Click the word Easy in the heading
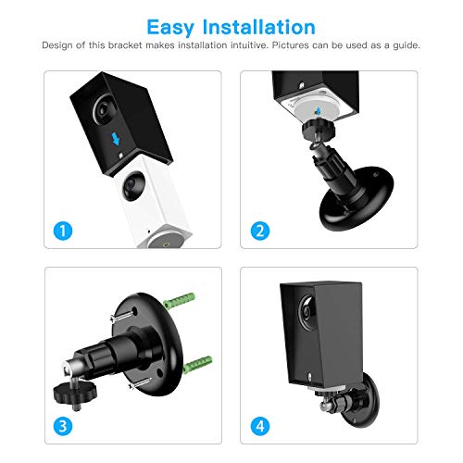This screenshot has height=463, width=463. coord(169,28)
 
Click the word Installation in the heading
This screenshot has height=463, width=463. coord(258,27)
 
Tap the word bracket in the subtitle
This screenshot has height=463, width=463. coord(125,45)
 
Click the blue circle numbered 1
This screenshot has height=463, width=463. coord(63,231)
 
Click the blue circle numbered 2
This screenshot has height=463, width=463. coord(260,231)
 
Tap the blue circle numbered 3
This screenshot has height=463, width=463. coord(63,426)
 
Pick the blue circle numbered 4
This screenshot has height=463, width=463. coord(260,426)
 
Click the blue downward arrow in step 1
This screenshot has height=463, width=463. coord(116,139)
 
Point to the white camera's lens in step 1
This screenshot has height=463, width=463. coord(133,185)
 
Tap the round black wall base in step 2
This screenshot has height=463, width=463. coord(357,200)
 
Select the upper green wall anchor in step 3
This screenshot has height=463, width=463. coord(180,301)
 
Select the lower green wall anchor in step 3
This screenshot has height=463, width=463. coord(197,364)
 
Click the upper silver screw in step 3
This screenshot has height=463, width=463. coord(123,316)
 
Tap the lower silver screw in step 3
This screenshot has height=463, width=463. coord(141,383)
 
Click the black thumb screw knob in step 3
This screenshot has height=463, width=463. coord(75,391)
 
